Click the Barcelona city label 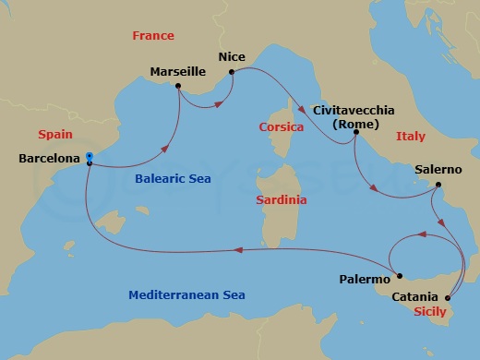click(48, 159)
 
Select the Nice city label click(231, 57)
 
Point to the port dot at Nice click(231, 70)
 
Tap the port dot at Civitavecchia click(356, 132)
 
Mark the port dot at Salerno click(438, 186)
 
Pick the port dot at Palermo click(398, 274)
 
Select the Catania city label click(415, 297)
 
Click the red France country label click(153, 36)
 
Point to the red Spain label click(54, 134)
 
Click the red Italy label click(410, 136)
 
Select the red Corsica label click(282, 126)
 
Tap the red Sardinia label click(282, 199)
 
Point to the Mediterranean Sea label click(186, 294)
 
